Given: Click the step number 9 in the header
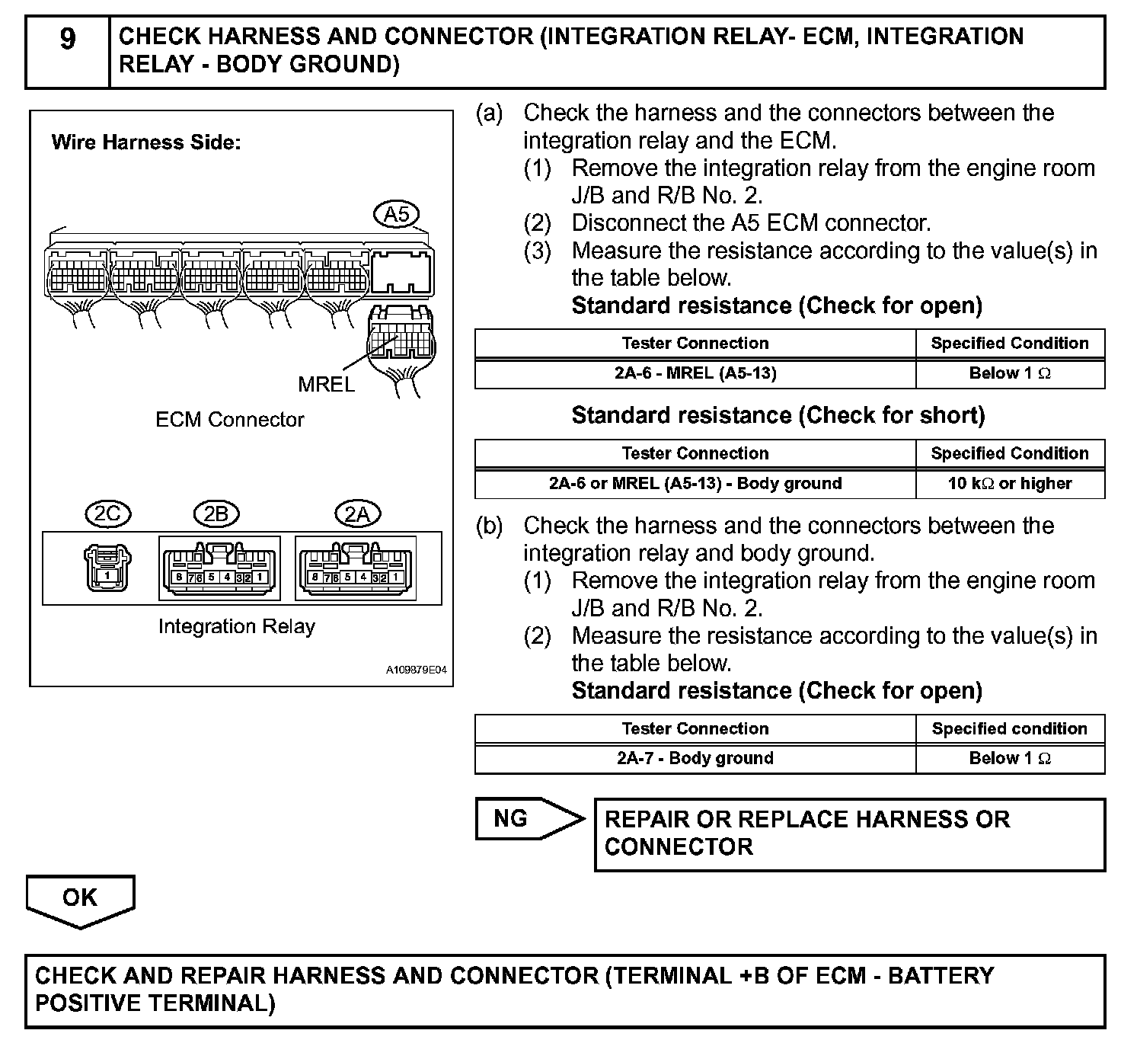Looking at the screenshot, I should (x=68, y=39).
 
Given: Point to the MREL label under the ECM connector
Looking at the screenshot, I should (x=326, y=385).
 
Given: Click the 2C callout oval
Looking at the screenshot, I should (x=107, y=514).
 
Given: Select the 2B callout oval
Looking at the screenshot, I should (x=216, y=514).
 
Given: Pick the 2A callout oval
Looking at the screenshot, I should (x=357, y=514).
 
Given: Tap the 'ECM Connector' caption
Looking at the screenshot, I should (x=229, y=420).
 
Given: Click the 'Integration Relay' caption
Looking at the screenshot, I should (x=236, y=626).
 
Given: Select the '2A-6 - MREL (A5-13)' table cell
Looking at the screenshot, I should (x=695, y=373).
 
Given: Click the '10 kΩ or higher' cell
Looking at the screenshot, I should (x=1009, y=484).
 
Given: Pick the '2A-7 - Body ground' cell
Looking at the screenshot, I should (x=695, y=759).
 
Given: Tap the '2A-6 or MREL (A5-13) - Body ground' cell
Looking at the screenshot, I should (x=695, y=484).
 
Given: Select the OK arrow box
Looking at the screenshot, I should (x=80, y=899).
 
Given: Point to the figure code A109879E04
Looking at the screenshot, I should (x=416, y=670).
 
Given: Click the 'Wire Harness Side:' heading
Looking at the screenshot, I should (x=145, y=142).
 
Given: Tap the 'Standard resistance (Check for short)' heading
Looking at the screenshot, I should (x=778, y=415).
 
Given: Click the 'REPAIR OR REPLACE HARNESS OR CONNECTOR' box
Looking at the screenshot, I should (x=848, y=833).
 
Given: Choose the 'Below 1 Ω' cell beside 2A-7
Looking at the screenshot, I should (x=1009, y=759).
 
